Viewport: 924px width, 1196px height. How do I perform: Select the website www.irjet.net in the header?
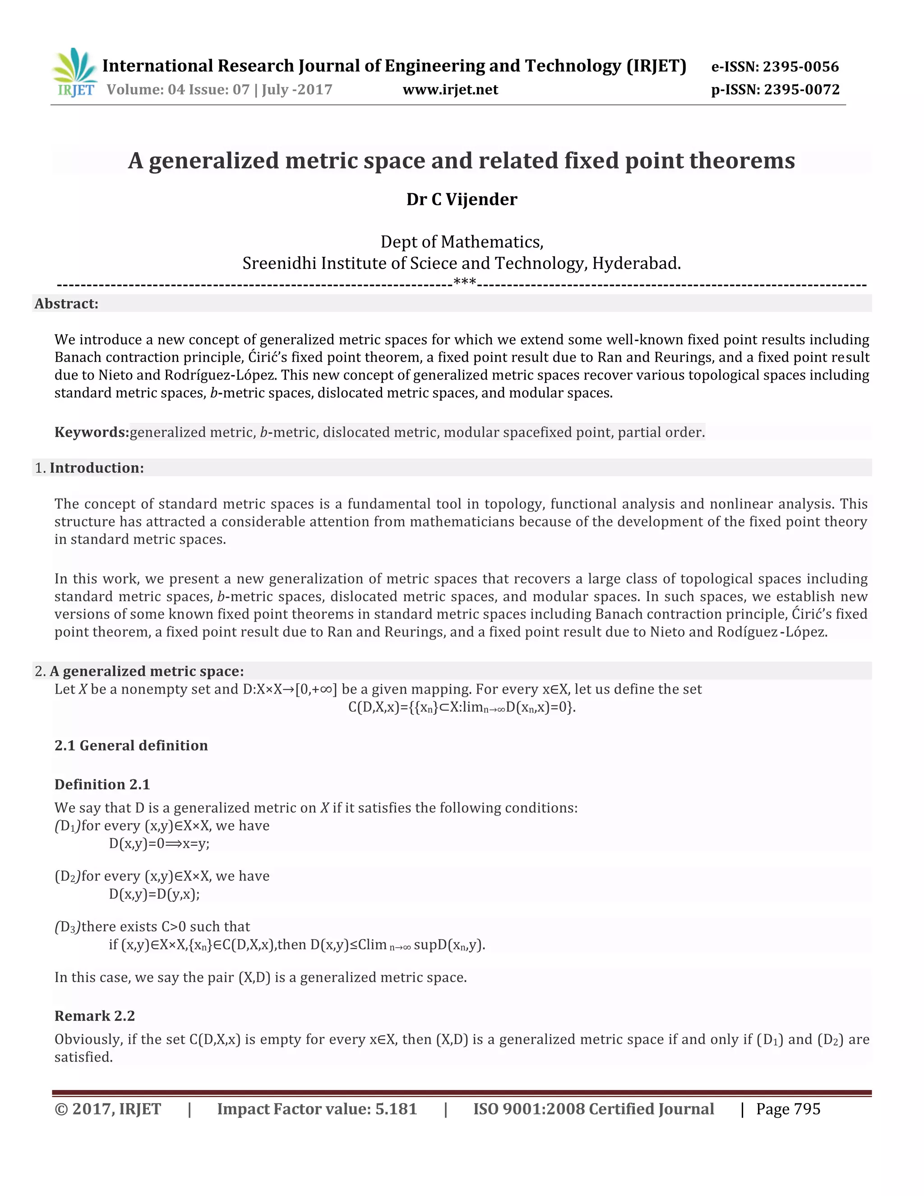click(450, 90)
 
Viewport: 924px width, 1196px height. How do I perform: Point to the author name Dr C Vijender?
click(462, 199)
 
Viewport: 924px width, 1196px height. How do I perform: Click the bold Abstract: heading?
click(66, 304)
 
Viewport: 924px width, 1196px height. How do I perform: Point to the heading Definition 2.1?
click(102, 785)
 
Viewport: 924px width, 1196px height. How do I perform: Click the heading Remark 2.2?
click(94, 1016)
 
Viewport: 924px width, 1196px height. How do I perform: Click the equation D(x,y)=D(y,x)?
click(154, 894)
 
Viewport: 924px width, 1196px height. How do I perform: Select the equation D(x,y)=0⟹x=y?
click(159, 844)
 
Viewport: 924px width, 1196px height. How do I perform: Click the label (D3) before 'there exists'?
click(67, 927)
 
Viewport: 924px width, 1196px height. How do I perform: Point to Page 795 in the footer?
click(788, 1109)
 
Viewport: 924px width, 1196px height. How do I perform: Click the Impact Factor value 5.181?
click(396, 1109)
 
